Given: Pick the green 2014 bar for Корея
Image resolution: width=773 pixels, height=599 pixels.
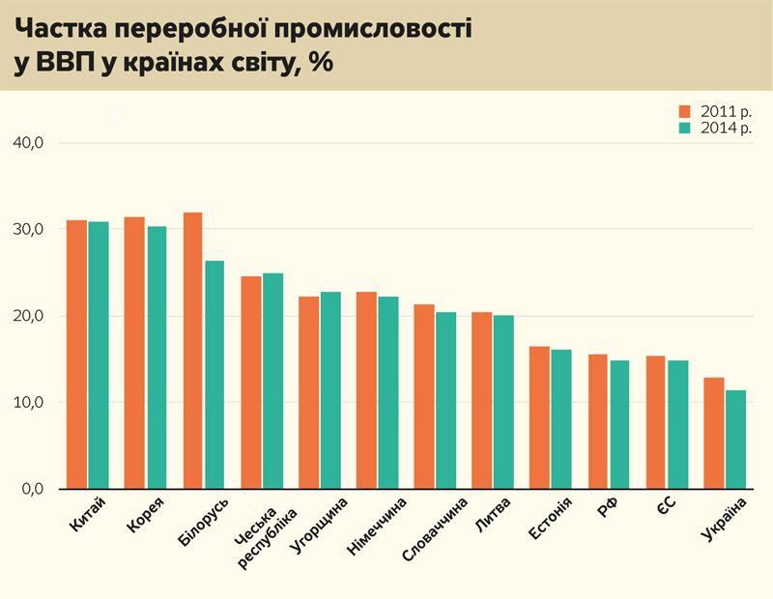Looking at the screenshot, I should point(157,357).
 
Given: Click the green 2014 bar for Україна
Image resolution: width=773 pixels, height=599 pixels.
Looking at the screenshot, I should point(736,440).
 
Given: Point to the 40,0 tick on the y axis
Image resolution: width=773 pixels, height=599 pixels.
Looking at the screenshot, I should point(29,143).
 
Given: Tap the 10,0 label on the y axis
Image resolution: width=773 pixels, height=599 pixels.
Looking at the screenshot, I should point(29,403).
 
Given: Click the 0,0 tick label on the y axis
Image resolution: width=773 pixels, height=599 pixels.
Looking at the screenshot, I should point(33,489).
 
